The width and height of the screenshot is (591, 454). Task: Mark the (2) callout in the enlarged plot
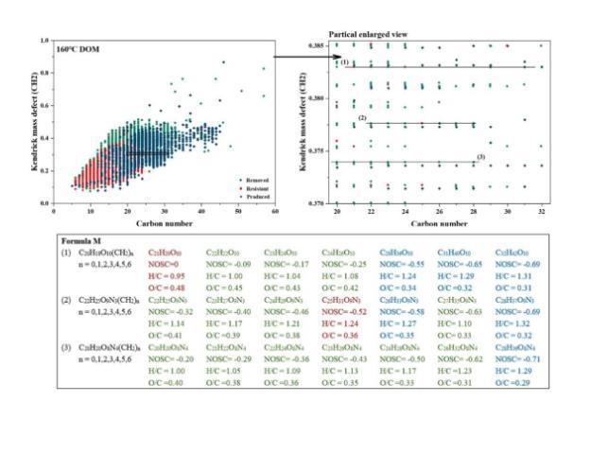coord(363,117)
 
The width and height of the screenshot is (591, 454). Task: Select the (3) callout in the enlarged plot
coord(480,156)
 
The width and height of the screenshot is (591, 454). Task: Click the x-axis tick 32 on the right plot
coord(540,212)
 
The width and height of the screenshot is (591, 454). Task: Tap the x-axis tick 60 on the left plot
coord(276,212)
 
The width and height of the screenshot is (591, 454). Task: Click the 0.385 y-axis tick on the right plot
coord(318,45)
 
